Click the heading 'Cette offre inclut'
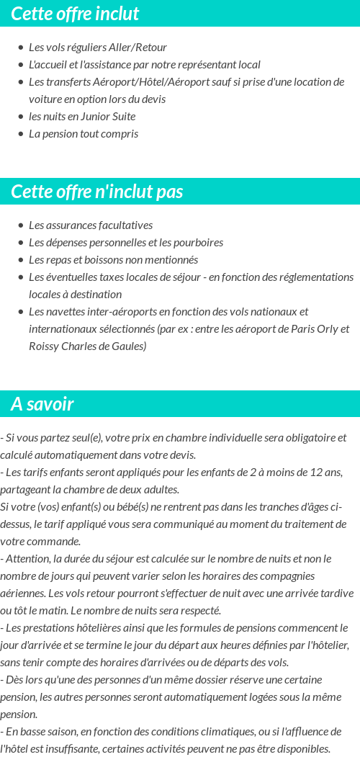75,14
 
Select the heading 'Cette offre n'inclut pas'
97,192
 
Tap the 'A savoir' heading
42,404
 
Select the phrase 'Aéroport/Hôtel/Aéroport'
130,82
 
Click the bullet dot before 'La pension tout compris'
20,134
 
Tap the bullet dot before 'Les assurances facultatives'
20,225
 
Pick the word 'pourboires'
197,243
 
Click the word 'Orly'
323,329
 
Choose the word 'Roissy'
45,346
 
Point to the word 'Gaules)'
129,346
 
